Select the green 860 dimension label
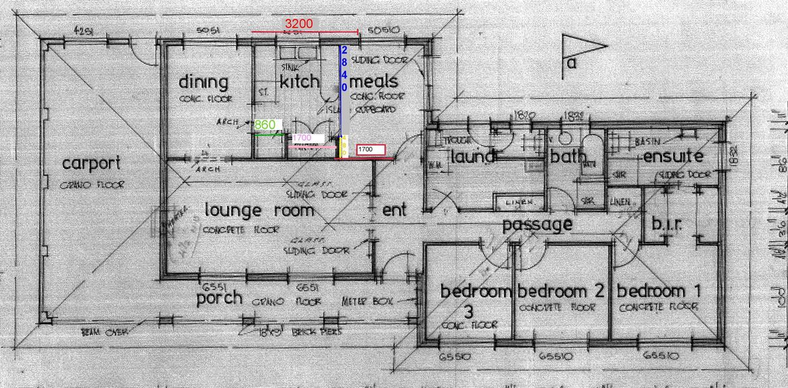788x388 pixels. [x=265, y=125]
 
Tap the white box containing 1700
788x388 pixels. [x=370, y=149]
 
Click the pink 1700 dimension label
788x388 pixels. [x=302, y=137]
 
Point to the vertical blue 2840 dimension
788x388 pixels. [x=343, y=69]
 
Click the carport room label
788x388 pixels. [x=92, y=163]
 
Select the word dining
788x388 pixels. [x=203, y=82]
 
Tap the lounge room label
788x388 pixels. [x=259, y=210]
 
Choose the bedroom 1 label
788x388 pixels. [x=659, y=291]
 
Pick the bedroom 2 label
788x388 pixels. [x=561, y=291]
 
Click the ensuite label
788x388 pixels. [x=673, y=157]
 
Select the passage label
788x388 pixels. [x=537, y=224]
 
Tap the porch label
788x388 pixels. [x=219, y=298]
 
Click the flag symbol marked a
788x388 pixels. [x=582, y=51]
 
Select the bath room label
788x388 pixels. [x=564, y=158]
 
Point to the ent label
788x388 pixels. [x=394, y=210]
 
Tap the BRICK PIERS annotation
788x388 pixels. [x=316, y=332]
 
